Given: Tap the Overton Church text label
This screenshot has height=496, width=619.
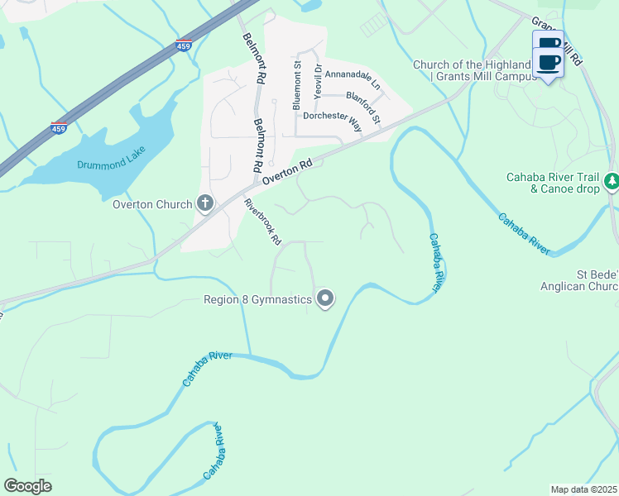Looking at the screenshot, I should click(152, 203).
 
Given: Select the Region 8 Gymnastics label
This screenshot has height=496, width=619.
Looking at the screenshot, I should click(257, 299).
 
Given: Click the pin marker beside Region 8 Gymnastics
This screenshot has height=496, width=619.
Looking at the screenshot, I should click(325, 299).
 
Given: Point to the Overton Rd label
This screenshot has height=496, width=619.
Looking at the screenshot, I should click(287, 172).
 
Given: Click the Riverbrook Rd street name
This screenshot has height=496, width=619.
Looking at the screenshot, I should click(263, 222).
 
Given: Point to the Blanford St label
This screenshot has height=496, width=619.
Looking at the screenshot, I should click(362, 108).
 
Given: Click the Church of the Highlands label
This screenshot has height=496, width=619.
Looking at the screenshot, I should click(470, 65).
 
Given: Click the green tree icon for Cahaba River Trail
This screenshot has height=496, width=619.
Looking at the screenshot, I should click(611, 180).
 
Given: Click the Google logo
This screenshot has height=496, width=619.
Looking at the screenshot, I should click(27, 486).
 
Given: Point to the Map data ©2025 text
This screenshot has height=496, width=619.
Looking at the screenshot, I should click(583, 489).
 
